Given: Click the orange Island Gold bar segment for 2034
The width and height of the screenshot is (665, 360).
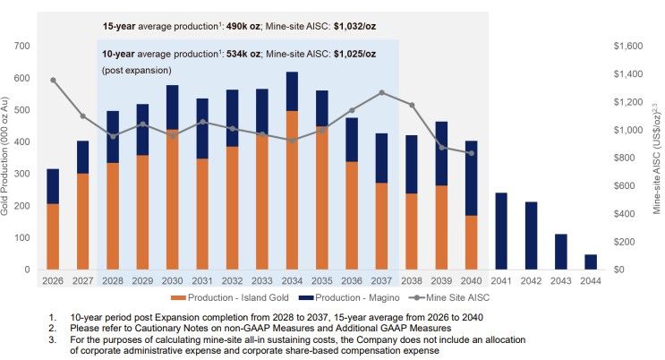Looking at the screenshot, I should (293, 190).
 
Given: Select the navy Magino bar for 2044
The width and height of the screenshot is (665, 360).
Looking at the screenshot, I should (592, 261).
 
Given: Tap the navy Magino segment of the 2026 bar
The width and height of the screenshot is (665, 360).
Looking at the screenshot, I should (53, 186).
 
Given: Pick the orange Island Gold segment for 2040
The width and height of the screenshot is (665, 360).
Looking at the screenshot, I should (472, 242).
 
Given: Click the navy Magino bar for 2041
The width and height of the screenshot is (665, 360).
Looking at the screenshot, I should (501, 231).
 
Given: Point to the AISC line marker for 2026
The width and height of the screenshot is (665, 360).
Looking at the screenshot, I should (53, 80).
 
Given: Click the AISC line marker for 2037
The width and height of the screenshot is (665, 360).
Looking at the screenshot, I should (382, 92).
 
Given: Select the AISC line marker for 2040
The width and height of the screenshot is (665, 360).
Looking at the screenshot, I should (472, 153).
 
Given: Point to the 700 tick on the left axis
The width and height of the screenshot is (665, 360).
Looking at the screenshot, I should (22, 46).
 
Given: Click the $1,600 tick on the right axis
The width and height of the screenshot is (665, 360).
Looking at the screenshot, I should (630, 46).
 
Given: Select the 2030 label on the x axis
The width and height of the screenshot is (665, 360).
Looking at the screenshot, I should (173, 279).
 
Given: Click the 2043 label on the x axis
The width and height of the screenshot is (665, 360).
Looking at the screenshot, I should (561, 279).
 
